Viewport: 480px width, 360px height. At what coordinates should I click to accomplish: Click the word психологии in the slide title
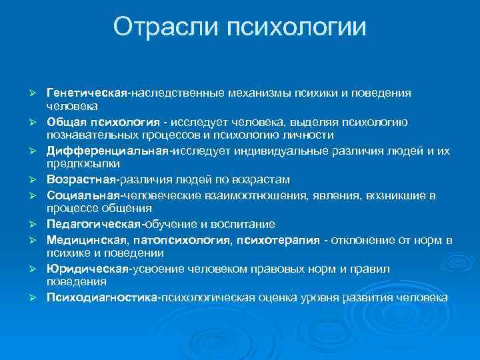297,27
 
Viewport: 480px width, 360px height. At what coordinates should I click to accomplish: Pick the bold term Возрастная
81,179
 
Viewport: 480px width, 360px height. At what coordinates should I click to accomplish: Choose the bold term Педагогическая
91,223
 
